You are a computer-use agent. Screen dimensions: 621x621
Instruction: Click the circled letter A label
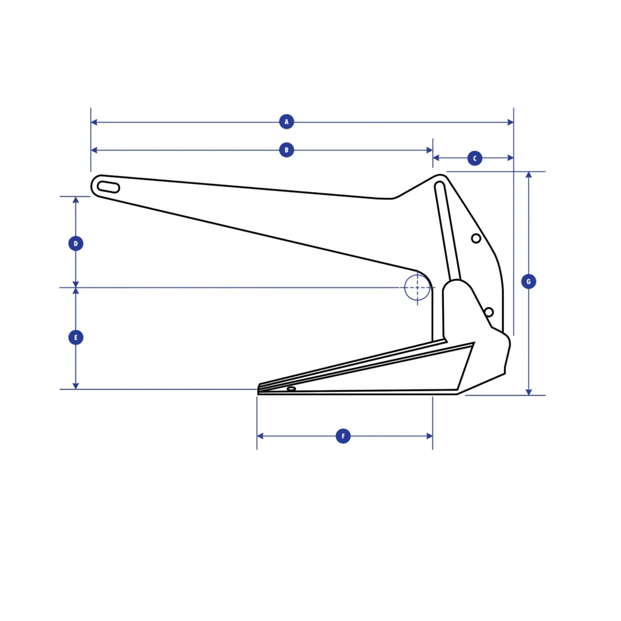(x=286, y=122)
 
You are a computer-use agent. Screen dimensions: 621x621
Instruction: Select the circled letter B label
(x=286, y=150)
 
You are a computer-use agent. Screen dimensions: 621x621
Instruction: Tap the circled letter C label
(x=475, y=158)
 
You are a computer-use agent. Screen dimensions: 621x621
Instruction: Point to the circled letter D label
(x=76, y=244)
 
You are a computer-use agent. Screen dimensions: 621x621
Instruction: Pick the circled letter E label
(x=76, y=337)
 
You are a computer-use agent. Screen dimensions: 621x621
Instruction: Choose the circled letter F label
(x=343, y=436)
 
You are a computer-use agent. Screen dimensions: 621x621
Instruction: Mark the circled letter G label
(x=529, y=281)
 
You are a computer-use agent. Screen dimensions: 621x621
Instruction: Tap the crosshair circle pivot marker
(x=417, y=287)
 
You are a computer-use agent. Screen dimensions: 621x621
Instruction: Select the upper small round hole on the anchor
(x=476, y=238)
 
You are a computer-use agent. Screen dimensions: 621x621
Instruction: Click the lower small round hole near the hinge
(x=489, y=312)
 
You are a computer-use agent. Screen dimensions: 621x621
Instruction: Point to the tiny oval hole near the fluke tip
(x=291, y=389)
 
